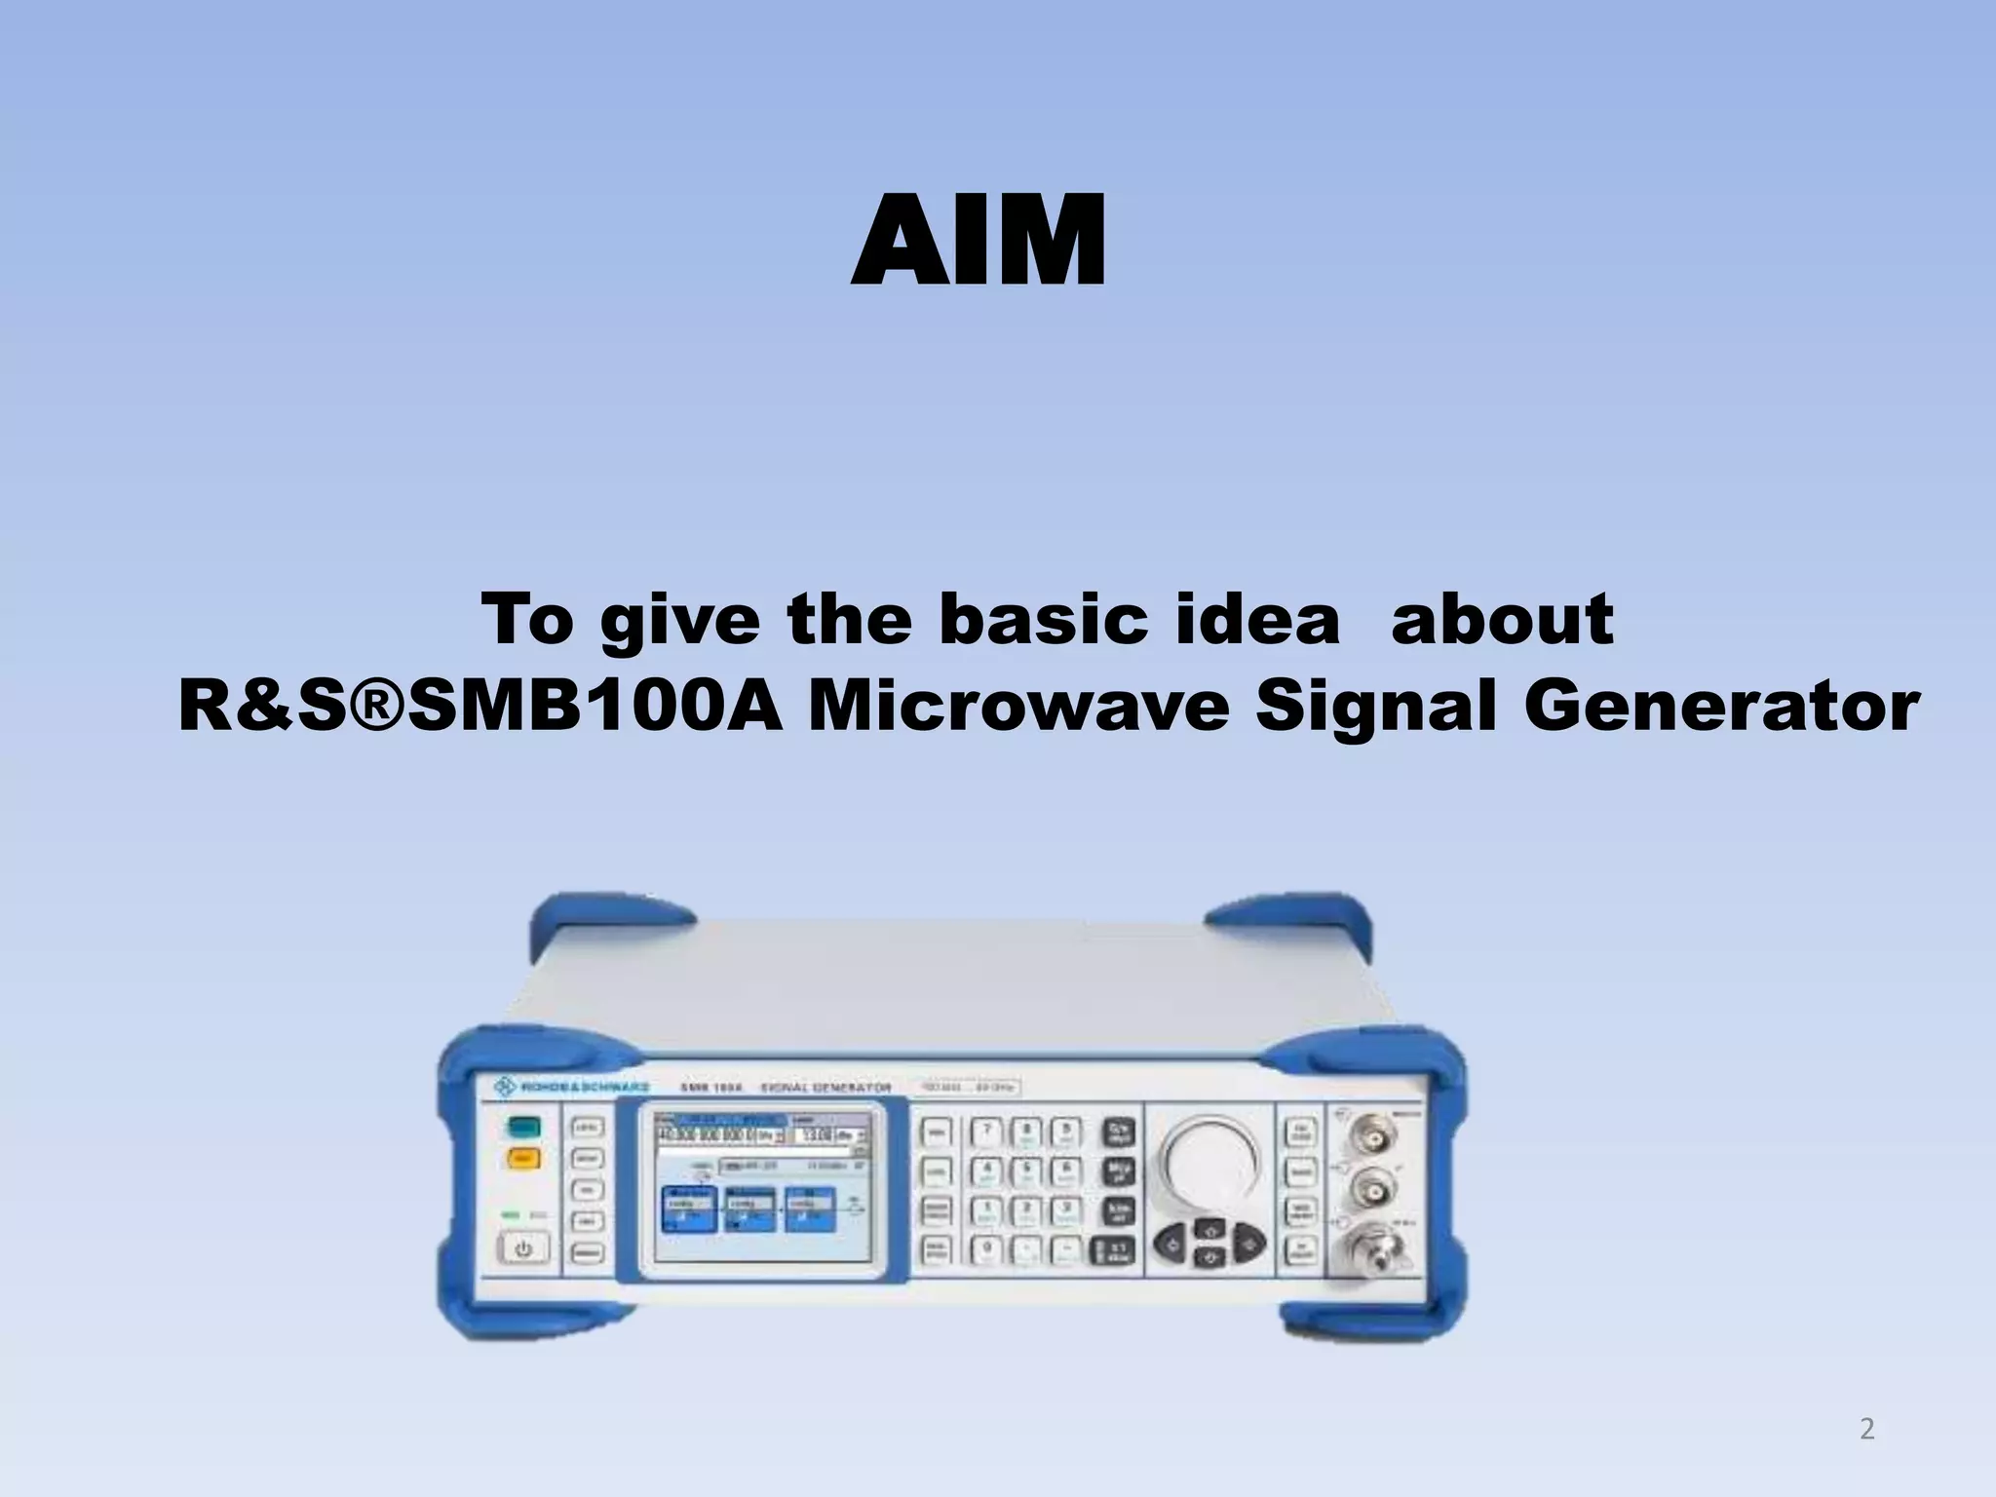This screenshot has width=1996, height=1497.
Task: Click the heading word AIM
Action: (979, 241)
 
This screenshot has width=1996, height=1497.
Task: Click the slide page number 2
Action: (1866, 1430)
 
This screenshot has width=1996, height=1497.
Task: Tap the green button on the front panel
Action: (523, 1128)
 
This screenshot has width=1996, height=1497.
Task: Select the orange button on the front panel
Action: (523, 1160)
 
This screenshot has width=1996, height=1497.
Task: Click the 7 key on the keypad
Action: (986, 1132)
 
